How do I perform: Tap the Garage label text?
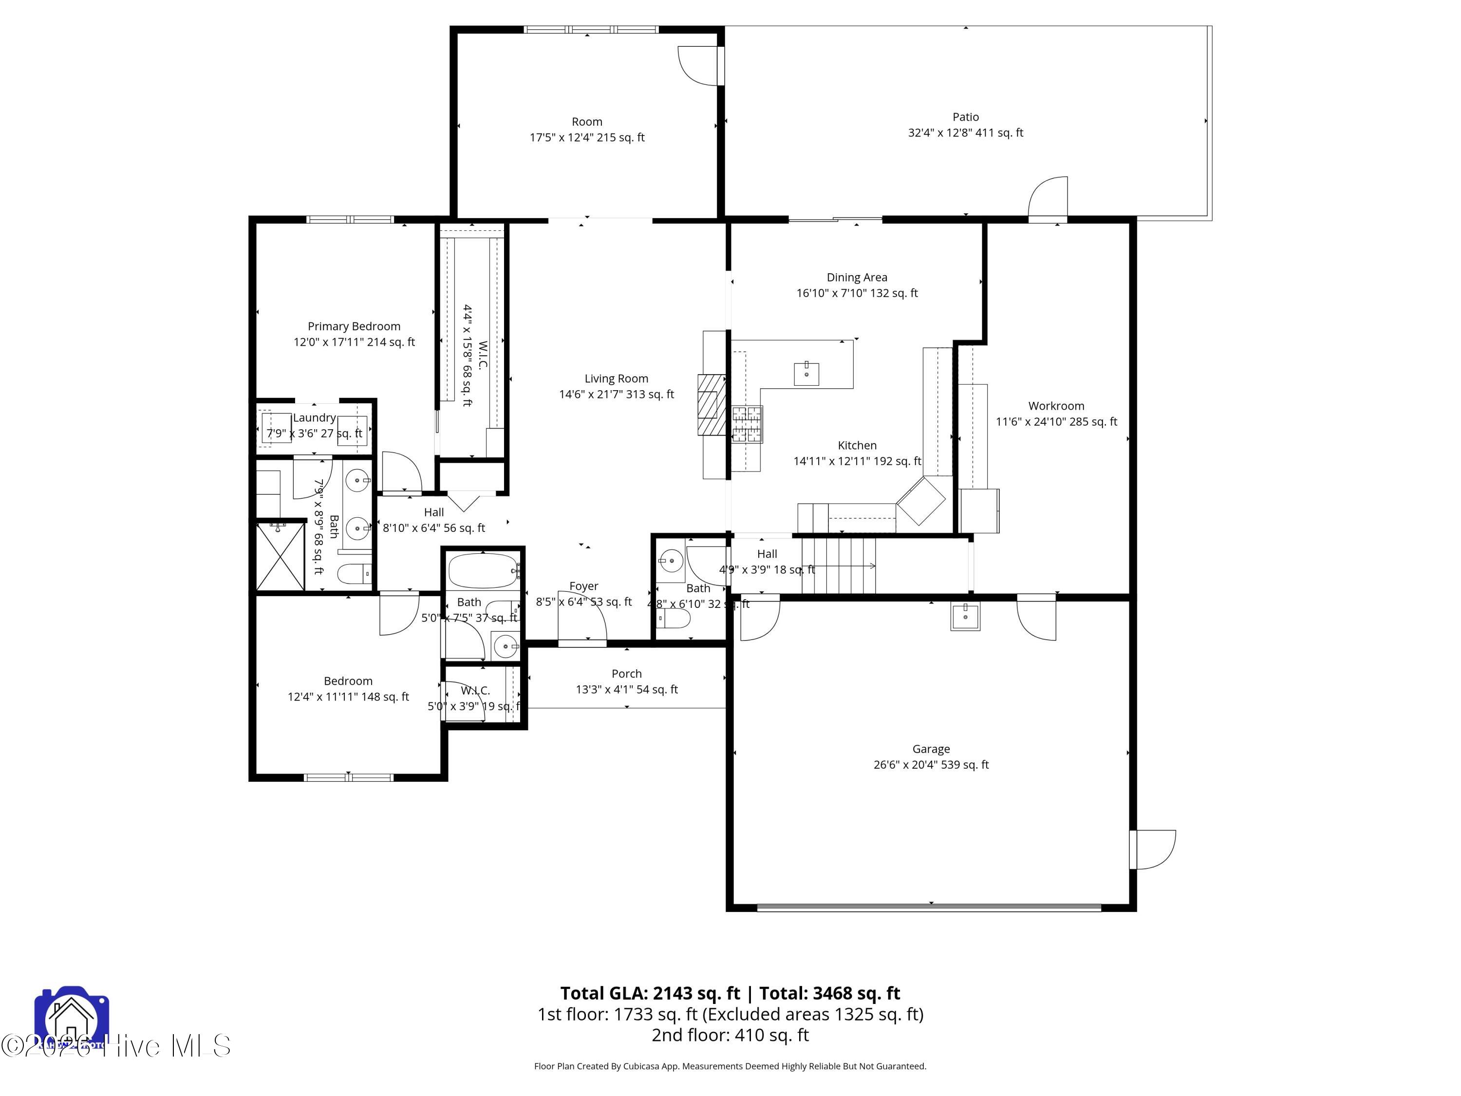coord(931,749)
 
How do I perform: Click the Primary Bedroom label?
coord(354,326)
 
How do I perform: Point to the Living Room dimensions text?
coord(616,395)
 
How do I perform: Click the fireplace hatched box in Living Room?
coord(712,405)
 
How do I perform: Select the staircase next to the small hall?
coord(839,566)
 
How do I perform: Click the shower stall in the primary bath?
coord(280,556)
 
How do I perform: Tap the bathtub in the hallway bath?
coord(482,571)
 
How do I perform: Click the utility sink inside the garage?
coord(965,616)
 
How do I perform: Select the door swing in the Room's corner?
coord(699,65)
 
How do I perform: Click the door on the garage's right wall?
coord(1153,850)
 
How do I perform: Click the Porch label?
coord(626,673)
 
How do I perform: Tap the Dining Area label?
coord(857,278)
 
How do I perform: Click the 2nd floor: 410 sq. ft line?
coord(730,1035)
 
